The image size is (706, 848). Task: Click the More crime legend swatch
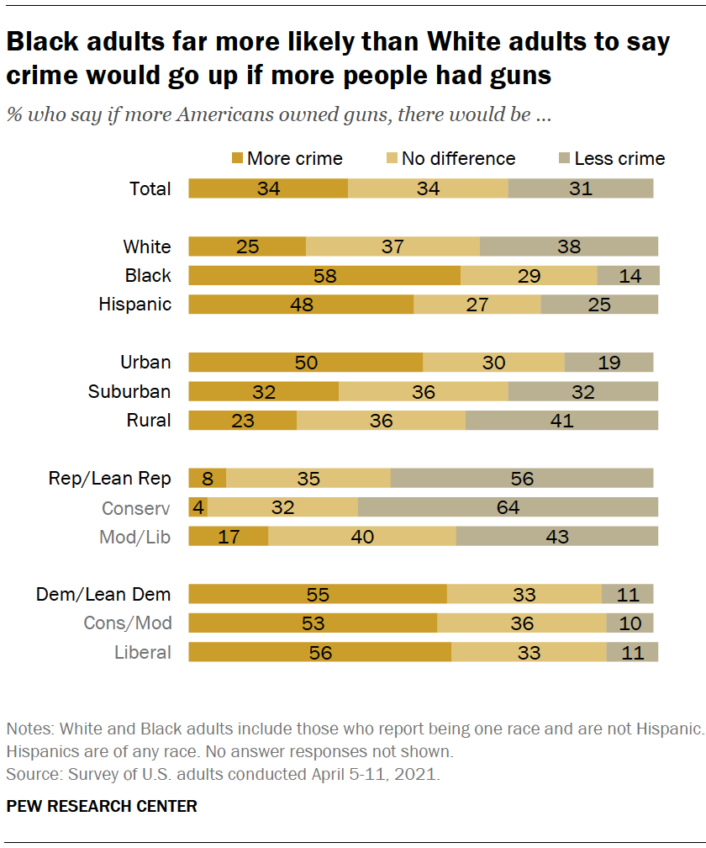pyautogui.click(x=237, y=159)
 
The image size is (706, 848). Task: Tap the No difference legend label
pyautogui.click(x=458, y=159)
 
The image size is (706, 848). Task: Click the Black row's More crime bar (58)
pyautogui.click(x=324, y=276)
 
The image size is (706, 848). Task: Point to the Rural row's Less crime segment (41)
pyautogui.click(x=561, y=421)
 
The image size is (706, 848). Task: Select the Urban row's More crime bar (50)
pyautogui.click(x=305, y=363)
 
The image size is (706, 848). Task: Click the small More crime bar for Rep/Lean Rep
pyautogui.click(x=207, y=479)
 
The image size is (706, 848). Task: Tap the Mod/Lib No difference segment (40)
pyautogui.click(x=361, y=537)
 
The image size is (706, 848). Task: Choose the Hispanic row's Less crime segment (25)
pyautogui.click(x=598, y=305)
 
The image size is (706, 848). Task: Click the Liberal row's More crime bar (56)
pyautogui.click(x=319, y=653)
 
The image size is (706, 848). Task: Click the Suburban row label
pyautogui.click(x=129, y=392)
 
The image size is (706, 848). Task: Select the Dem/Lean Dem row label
pyautogui.click(x=103, y=595)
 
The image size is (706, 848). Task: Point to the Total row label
pyautogui.click(x=150, y=188)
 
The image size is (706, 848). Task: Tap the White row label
pyautogui.click(x=147, y=247)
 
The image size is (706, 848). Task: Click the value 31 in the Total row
pyautogui.click(x=580, y=188)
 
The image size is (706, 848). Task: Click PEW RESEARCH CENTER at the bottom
pyautogui.click(x=102, y=806)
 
